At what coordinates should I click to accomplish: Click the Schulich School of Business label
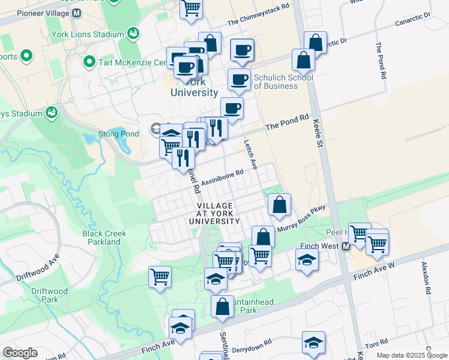[x=283, y=82]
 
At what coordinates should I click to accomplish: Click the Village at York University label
[x=214, y=214]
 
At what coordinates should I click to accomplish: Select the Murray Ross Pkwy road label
[x=301, y=219]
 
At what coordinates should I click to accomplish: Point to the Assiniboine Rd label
[x=222, y=176]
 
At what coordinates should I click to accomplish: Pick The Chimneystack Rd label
[x=258, y=14]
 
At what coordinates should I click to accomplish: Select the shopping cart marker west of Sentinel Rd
[x=160, y=277]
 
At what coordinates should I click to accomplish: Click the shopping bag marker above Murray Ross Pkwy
[x=279, y=205]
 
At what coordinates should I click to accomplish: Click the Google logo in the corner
[x=20, y=353]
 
